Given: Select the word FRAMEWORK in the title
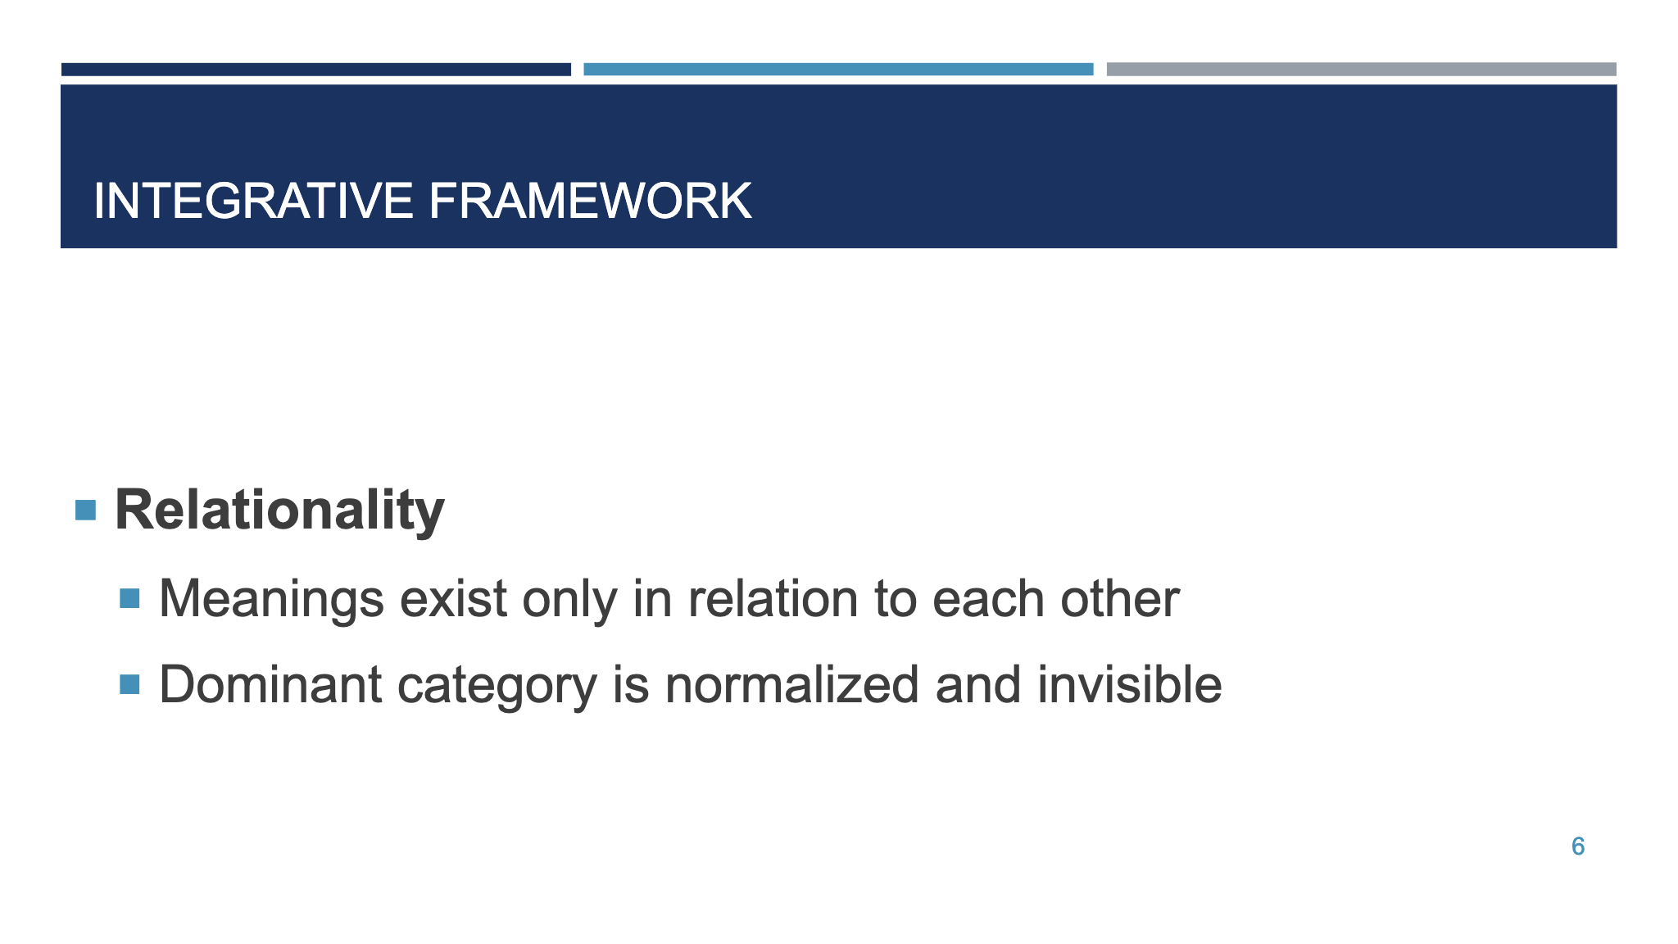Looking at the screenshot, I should [590, 202].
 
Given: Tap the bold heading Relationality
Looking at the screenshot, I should [279, 511].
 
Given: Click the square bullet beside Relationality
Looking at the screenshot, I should [85, 511].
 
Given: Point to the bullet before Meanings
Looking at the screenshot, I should [129, 598].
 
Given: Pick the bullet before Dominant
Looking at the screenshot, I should [129, 684].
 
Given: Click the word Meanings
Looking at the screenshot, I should [271, 599].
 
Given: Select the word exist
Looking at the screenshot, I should [453, 599].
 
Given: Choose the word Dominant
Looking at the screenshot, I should [270, 685].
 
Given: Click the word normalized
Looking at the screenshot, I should [792, 685].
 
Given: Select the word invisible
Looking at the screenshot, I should [1130, 685].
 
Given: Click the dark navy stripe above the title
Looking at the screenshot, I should [315, 70].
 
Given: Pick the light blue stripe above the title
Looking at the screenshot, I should [838, 70].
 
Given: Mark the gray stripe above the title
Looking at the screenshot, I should [1361, 70].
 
